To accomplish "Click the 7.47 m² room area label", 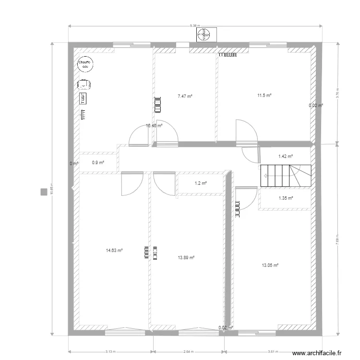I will coord(185,96).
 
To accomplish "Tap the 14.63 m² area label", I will coord(114,250).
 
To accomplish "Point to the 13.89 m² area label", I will coord(186,258).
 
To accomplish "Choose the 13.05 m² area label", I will coord(270,265).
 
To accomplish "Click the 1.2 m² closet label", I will coord(201,183).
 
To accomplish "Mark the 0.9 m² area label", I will coord(98,163).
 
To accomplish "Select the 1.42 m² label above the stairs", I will coord(286,156).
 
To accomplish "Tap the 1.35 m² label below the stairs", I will coord(286,198).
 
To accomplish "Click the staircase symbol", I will coord(286,176).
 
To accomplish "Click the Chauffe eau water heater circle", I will coord(87,64).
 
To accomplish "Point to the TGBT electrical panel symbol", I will coord(84,98).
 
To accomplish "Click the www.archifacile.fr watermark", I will coord(316,353).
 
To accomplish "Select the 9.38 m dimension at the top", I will coord(194,25).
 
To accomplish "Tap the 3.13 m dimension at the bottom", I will coord(110,351).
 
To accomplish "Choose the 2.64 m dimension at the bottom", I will coord(189,351).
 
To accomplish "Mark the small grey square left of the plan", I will coord(44,192).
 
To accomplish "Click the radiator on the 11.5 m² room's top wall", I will coord(228,55).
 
